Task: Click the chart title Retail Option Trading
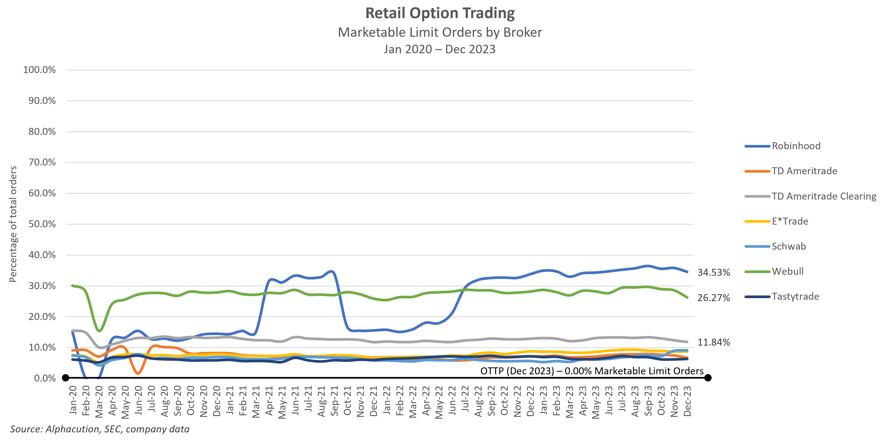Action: [x=440, y=13]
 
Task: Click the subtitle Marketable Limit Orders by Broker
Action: [x=440, y=33]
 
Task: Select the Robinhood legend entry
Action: [x=796, y=146]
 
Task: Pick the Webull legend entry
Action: [x=787, y=271]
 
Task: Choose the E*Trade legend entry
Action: [x=790, y=221]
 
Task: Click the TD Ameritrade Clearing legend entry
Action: [x=824, y=196]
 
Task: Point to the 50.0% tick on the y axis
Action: [x=42, y=224]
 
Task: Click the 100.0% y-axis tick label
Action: [x=39, y=70]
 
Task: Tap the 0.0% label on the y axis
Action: [x=45, y=378]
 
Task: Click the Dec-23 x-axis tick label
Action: [x=687, y=401]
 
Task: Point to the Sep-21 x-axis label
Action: [x=334, y=401]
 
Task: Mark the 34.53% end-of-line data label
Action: [x=714, y=273]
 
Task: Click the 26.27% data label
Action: [x=714, y=298]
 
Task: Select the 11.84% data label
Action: [x=714, y=342]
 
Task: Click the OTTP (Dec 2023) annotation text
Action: [x=592, y=371]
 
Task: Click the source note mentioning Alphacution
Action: [x=99, y=429]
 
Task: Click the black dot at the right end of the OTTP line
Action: [x=708, y=378]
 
